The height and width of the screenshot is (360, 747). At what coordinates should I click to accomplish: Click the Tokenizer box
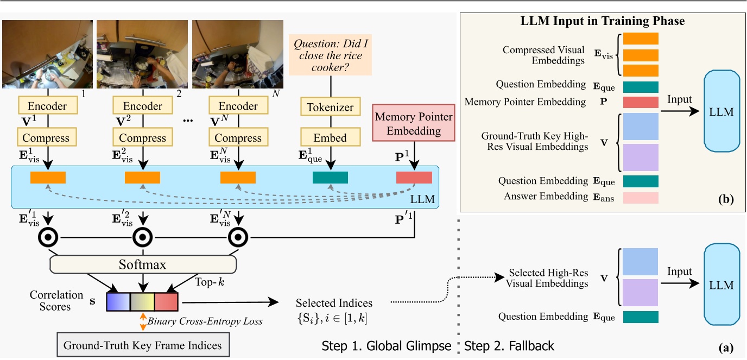coord(330,107)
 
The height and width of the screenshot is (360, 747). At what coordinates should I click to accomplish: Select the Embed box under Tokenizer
coord(330,137)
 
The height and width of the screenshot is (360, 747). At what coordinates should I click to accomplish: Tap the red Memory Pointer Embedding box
coord(414,123)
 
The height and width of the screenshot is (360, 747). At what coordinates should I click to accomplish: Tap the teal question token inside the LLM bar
coord(330,178)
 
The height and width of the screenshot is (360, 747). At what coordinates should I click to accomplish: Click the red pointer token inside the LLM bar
coord(414,178)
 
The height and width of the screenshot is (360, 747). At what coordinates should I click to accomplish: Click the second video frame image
coord(142,54)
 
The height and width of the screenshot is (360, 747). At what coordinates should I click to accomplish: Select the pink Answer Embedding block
coord(641,198)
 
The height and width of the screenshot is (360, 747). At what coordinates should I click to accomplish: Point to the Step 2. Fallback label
coord(510,345)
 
